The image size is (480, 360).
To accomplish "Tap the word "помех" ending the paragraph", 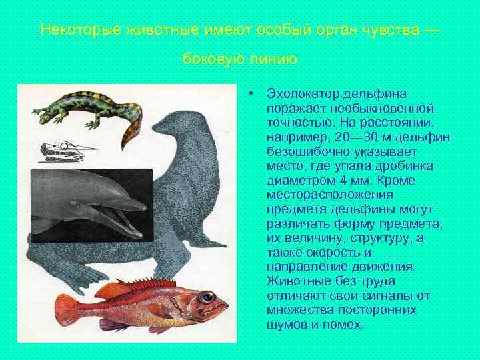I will [x=345, y=325].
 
